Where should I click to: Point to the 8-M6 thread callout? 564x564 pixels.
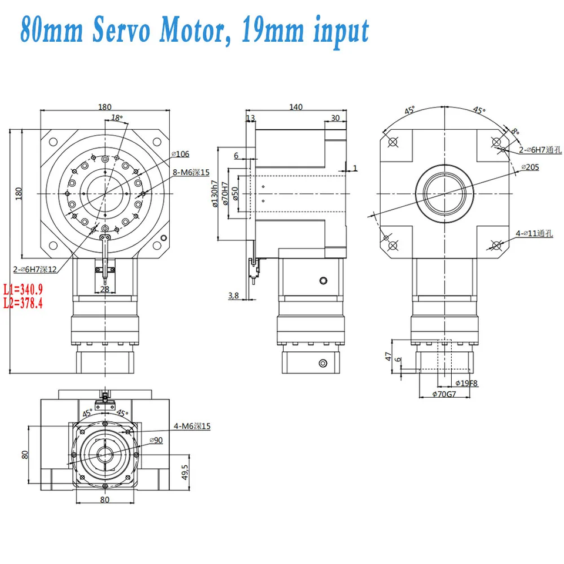(192, 172)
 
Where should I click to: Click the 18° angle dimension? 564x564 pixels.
(117, 117)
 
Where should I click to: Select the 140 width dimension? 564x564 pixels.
(296, 107)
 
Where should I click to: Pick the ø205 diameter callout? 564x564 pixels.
(532, 167)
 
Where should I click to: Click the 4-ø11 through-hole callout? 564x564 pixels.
(533, 233)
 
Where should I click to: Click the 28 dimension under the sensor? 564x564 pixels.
(105, 288)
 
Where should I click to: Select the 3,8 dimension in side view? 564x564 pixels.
(233, 296)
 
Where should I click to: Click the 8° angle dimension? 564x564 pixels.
(515, 131)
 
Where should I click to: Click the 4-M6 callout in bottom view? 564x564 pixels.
(192, 426)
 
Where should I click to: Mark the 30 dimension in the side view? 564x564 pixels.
(335, 117)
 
